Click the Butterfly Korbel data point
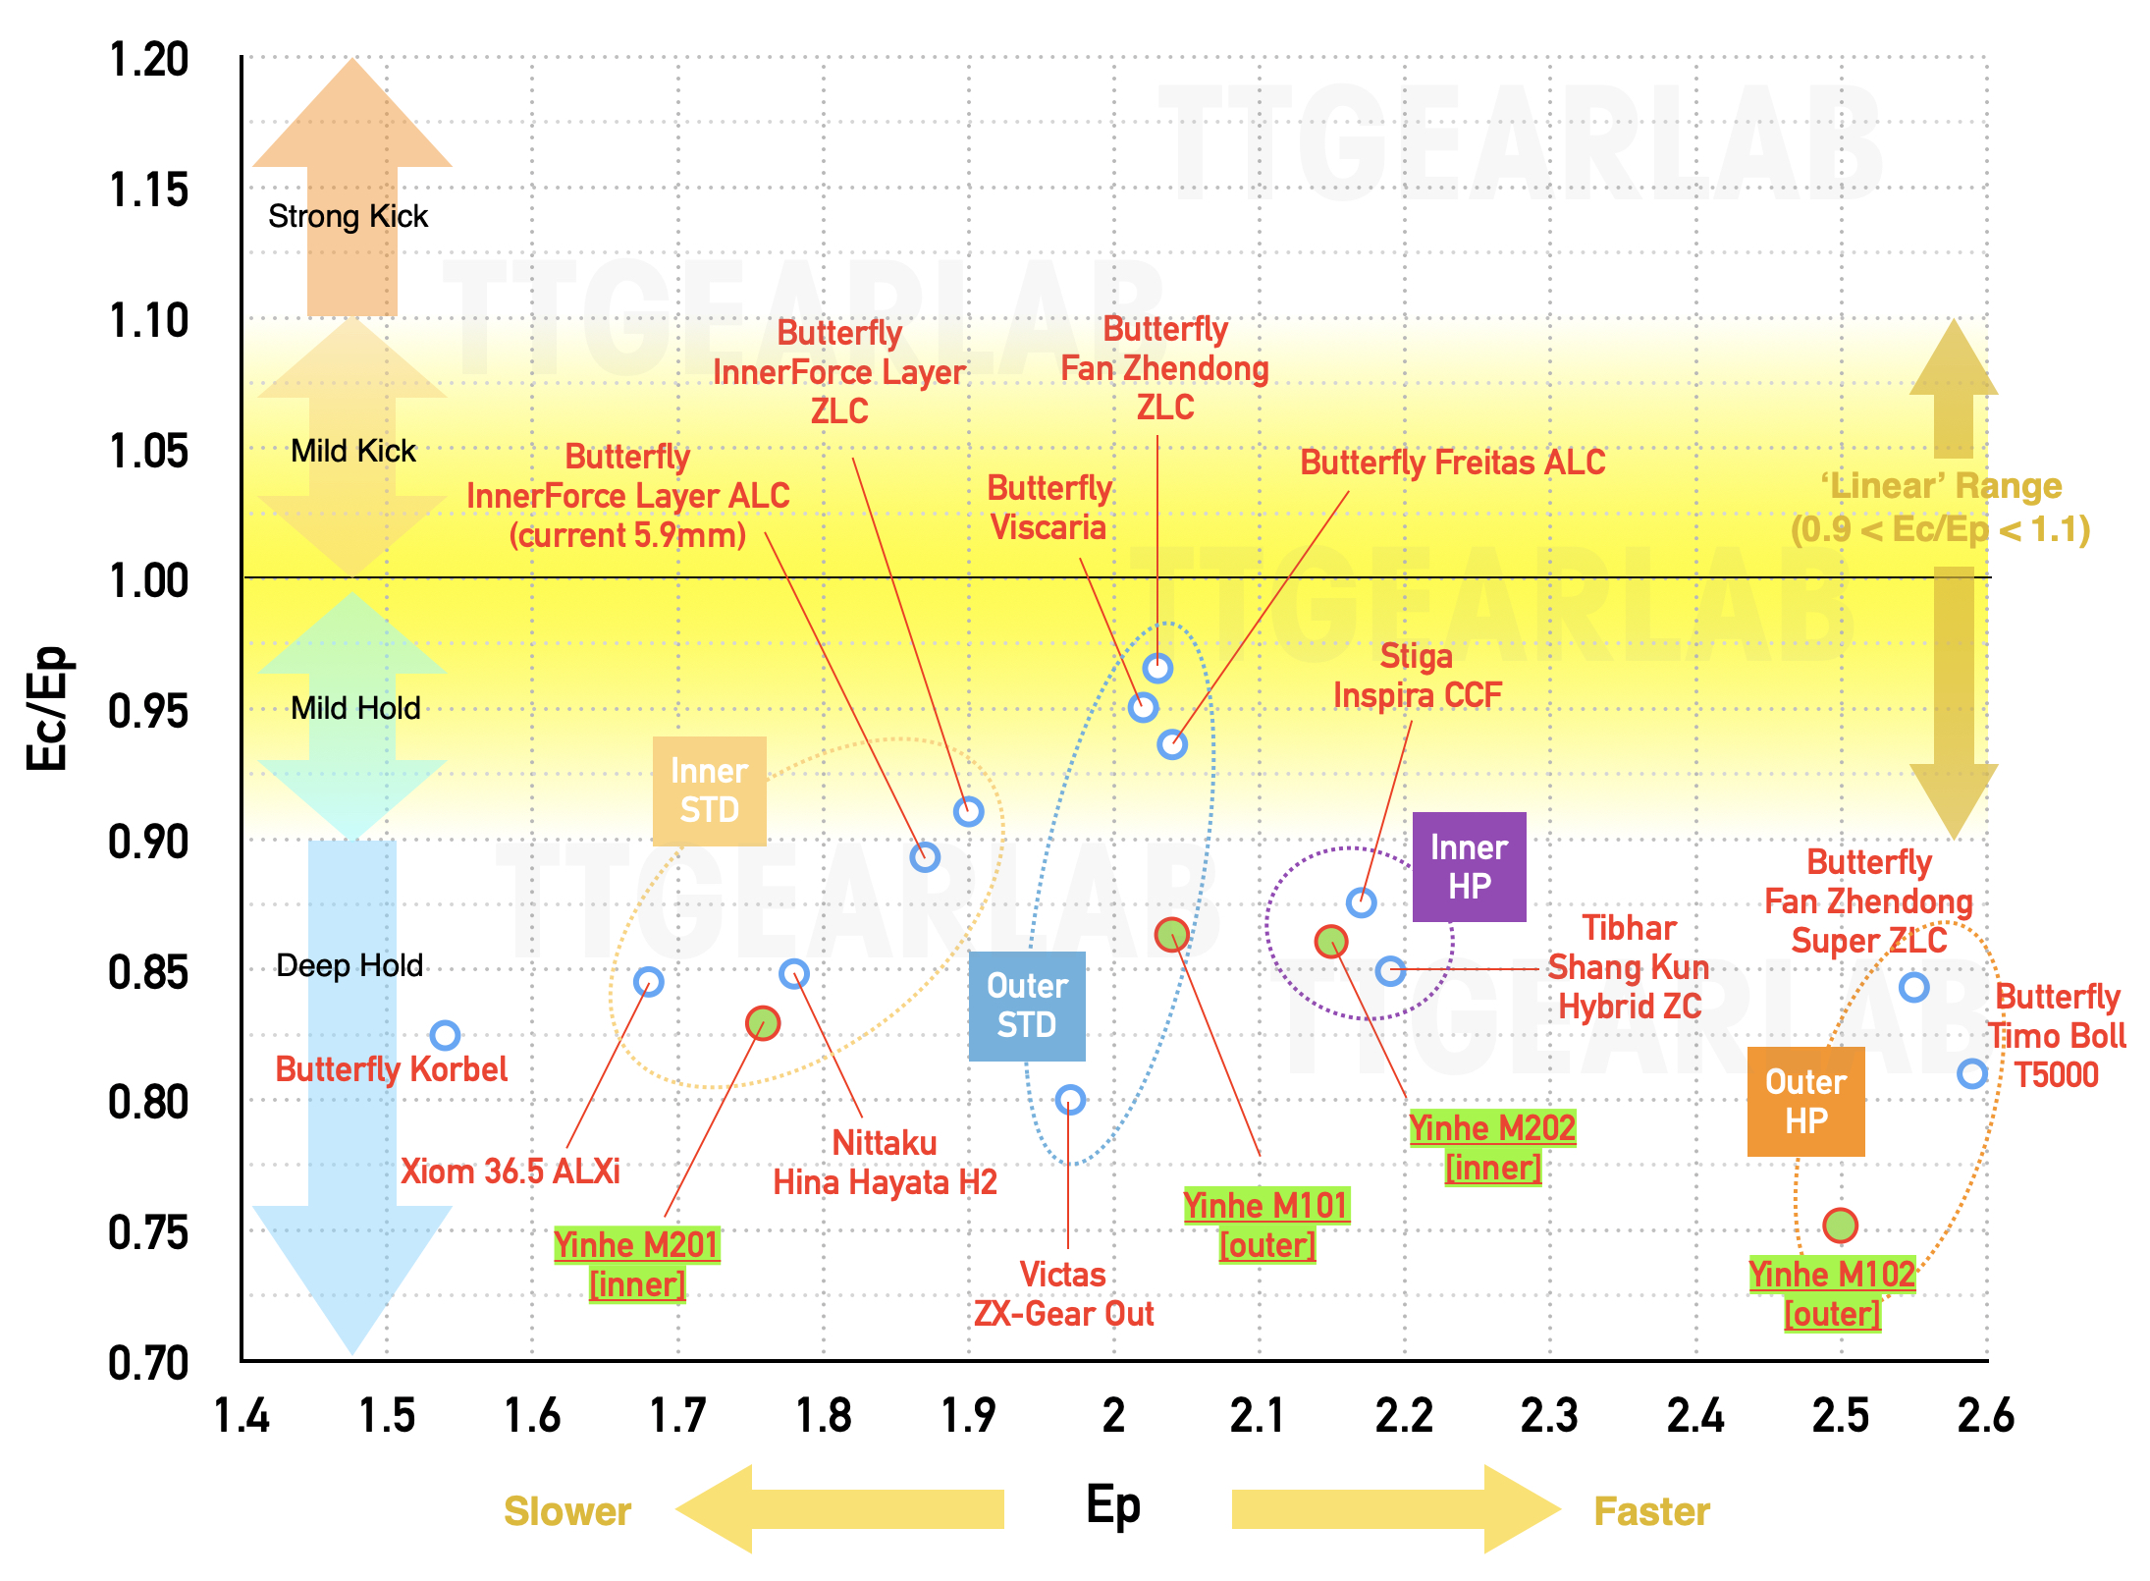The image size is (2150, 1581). pos(445,1035)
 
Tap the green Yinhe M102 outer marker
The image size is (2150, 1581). pos(1840,1225)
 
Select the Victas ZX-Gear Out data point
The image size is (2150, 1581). pos(1070,1100)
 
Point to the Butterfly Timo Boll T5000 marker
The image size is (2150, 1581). pos(1972,1073)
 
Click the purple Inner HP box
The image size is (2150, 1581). pos(1469,867)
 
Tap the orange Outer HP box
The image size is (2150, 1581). pos(1805,1101)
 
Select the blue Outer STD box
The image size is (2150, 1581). pos(1027,1006)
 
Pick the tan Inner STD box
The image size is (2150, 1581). pos(710,790)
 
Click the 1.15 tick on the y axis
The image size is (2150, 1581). pos(148,191)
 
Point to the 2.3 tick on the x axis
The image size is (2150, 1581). pos(1549,1416)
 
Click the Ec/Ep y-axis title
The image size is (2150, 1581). pos(47,708)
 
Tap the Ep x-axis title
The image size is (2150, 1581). pos(1113,1505)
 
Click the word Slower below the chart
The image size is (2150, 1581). pos(567,1511)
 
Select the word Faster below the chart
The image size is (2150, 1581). pos(1652,1511)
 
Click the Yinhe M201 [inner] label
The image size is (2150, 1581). pos(637,1264)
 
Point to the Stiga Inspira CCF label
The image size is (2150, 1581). pos(1417,675)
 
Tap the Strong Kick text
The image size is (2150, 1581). pos(349,216)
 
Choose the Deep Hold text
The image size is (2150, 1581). pos(349,965)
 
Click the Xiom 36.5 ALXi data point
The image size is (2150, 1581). pos(648,981)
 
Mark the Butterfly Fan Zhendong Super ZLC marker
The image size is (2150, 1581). pos(1913,987)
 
